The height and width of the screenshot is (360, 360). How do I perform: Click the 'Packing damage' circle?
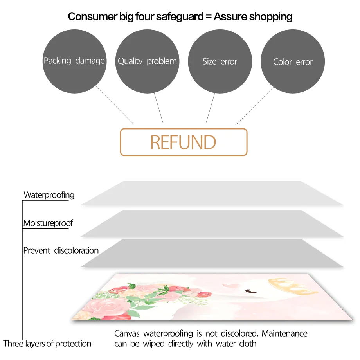pos(74,61)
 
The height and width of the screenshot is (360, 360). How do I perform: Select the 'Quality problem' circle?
pos(147,61)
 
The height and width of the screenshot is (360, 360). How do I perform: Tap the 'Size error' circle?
pos(220,61)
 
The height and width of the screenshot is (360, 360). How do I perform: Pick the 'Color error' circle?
pos(293,61)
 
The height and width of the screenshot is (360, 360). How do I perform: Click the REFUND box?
pos(183,142)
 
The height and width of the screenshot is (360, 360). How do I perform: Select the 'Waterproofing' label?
pos(49,195)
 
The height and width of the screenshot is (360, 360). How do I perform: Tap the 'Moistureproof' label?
pos(48,223)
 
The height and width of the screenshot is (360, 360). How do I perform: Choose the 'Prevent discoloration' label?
pos(61,250)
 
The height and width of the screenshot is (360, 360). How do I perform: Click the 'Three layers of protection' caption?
pos(47,344)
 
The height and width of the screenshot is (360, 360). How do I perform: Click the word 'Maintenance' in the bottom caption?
pos(284,334)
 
